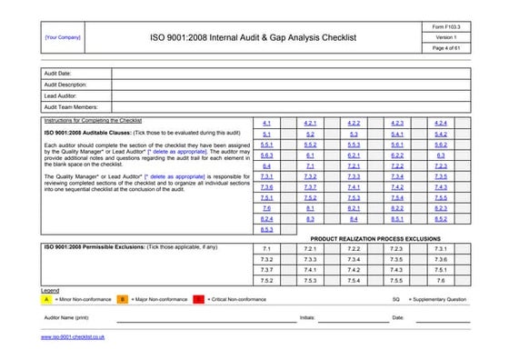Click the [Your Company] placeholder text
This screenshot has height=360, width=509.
(63, 37)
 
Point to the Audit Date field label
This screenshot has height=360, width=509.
(58, 73)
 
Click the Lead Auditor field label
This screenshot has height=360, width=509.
(61, 95)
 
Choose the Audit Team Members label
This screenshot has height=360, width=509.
(71, 106)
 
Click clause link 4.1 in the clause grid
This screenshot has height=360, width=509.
(266, 122)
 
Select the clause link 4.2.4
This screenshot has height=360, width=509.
(440, 122)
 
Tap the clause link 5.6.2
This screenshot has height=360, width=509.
(440, 144)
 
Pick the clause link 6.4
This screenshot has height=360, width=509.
(266, 166)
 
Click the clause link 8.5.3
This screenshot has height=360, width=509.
(266, 229)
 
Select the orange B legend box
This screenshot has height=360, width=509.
(123, 298)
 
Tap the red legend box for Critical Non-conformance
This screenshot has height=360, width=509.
(198, 298)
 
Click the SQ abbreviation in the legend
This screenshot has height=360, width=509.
(395, 298)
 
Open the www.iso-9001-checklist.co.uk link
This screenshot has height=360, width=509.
(74, 337)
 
